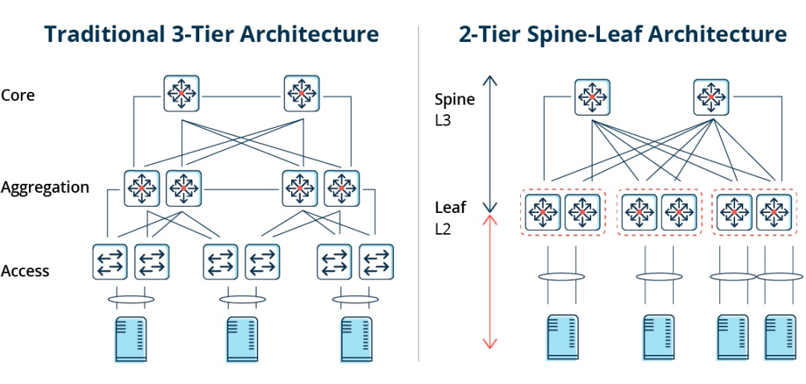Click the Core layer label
[x=18, y=96]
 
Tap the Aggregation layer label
[x=45, y=188]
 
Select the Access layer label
[x=25, y=271]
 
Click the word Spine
[x=454, y=99]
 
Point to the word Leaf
[x=450, y=207]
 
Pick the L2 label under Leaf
[x=443, y=229]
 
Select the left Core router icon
[x=181, y=93]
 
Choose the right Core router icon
[x=302, y=93]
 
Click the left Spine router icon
[x=593, y=97]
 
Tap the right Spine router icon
[x=712, y=97]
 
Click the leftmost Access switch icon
[x=110, y=261]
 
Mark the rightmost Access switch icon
[x=376, y=261]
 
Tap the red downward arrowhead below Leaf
[x=490, y=344]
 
